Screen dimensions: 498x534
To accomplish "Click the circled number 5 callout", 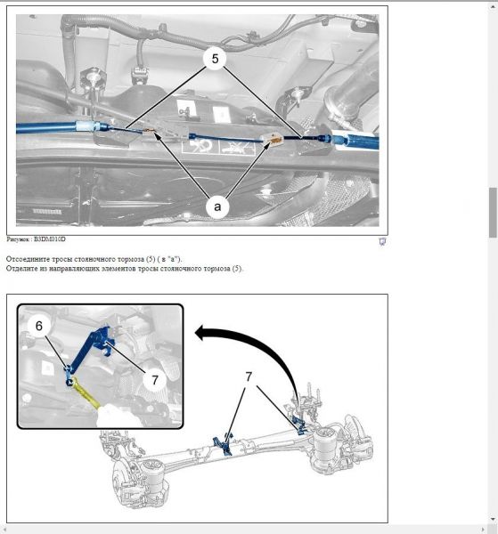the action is (215, 59).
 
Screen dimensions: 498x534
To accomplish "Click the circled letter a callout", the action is (217, 206).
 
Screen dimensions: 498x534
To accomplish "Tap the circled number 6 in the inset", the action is (39, 326).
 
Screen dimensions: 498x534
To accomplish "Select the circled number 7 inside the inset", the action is (155, 379).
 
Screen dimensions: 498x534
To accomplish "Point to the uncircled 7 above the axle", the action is (249, 376).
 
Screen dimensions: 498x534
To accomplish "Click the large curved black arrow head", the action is (203, 332).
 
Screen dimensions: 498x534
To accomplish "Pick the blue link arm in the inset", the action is (88, 347).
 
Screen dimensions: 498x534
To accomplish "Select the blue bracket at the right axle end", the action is (299, 425).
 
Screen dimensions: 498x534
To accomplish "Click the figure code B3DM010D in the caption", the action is (50, 239).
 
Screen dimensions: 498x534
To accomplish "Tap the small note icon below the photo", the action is (382, 241).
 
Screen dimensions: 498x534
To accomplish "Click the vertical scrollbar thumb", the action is (493, 212).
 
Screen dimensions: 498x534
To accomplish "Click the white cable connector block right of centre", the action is (272, 140).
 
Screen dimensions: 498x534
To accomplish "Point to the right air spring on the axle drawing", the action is (324, 446).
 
